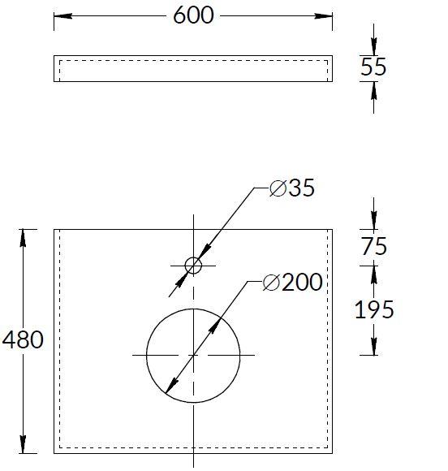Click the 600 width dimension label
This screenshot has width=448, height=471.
(x=193, y=15)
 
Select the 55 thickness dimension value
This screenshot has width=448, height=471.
(x=373, y=67)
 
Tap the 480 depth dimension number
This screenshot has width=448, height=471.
(x=24, y=339)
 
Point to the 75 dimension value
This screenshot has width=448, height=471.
(x=373, y=246)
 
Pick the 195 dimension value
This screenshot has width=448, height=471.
(x=373, y=309)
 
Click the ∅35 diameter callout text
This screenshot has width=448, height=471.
(x=291, y=188)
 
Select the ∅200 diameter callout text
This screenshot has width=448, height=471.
(x=293, y=283)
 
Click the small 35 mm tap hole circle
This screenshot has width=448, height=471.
(x=193, y=265)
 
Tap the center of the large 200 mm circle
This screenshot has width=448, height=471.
(x=193, y=355)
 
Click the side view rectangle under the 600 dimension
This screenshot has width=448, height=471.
(x=193, y=69)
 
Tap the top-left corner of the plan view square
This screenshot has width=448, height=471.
(x=54, y=230)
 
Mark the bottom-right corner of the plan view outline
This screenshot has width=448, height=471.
(x=333, y=452)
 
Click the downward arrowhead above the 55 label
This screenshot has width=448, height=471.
(x=373, y=49)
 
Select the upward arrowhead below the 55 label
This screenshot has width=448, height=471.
(x=373, y=89)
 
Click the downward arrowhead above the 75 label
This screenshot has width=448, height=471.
(x=373, y=223)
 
